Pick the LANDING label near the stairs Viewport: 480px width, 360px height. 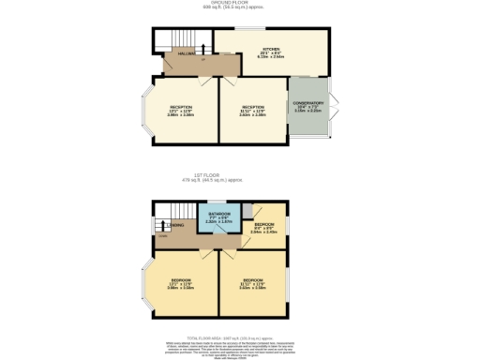(x=175, y=225)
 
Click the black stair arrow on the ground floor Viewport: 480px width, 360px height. (x=203, y=47)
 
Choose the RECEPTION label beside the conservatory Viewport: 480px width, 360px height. (x=252, y=108)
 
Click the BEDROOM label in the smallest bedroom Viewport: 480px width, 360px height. (x=264, y=224)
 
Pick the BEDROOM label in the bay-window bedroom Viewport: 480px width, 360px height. (x=181, y=281)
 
